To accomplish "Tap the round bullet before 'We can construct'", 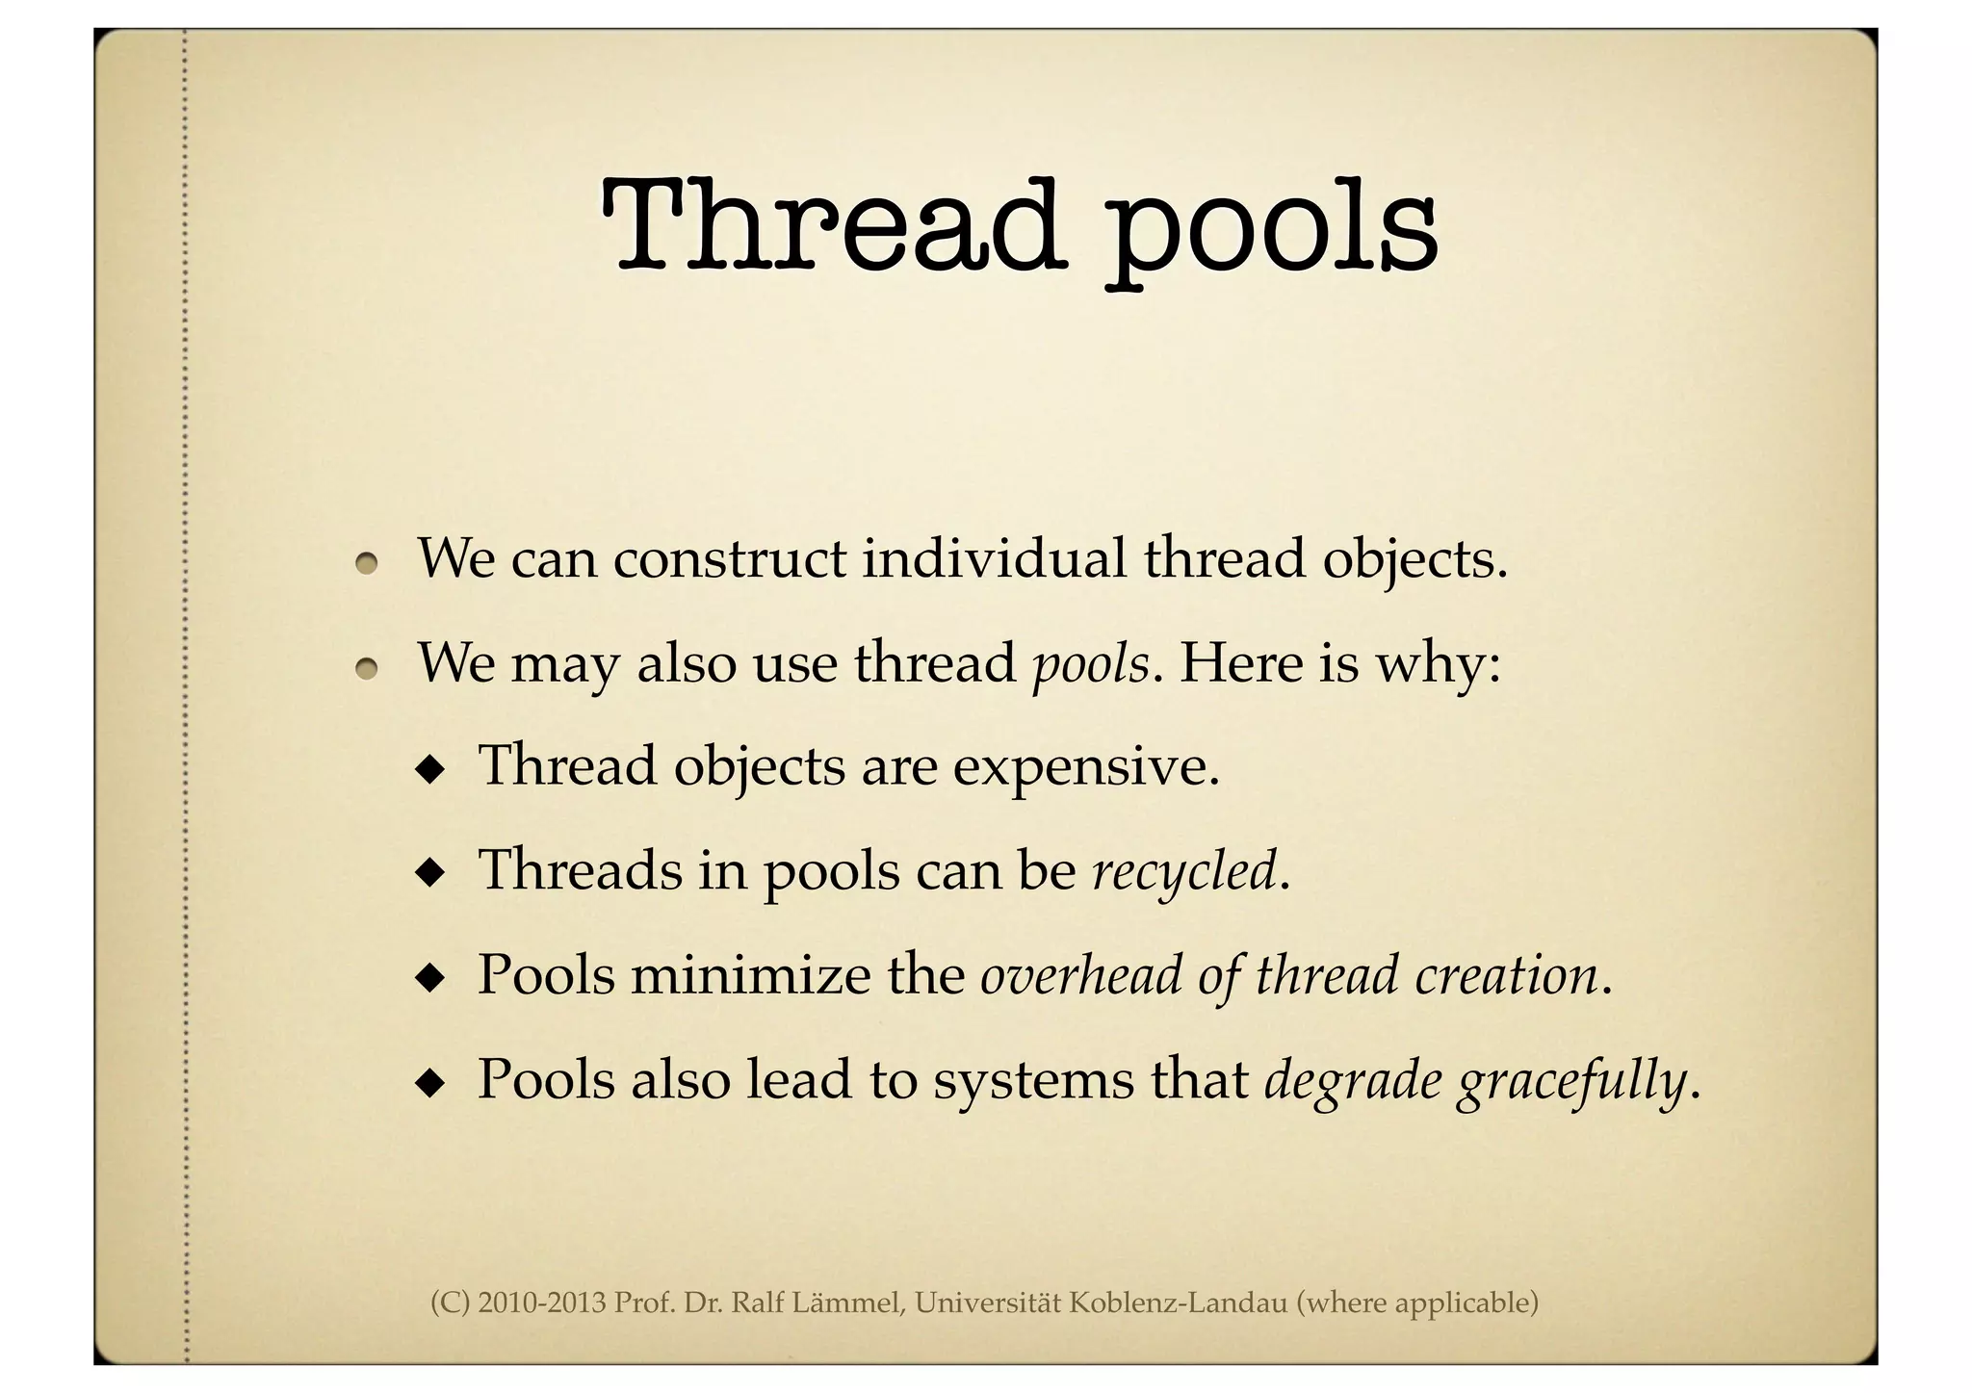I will point(366,564).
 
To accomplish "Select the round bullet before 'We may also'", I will point(366,668).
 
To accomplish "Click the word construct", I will point(729,558).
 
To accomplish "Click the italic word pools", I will point(1090,665).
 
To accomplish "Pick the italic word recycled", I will point(1184,872).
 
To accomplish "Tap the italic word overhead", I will point(1081,975).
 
